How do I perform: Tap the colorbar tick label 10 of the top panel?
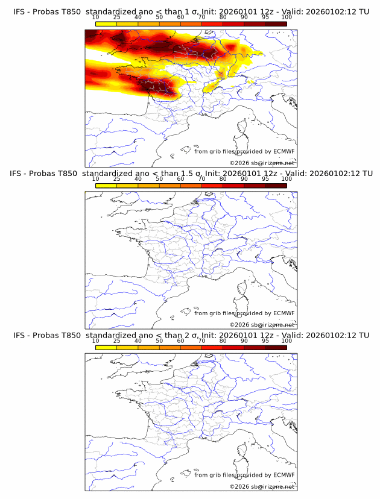[x=95, y=17]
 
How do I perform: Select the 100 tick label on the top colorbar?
[x=287, y=17]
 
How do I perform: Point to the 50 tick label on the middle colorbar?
[x=159, y=179]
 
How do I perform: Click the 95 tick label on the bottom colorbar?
[x=265, y=341]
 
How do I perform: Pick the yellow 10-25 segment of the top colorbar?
[x=106, y=24]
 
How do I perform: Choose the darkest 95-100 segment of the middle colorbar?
[x=276, y=185]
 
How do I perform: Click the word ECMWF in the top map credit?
[x=283, y=152]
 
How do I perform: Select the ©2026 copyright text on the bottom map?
[x=239, y=486]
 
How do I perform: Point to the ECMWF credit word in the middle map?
[x=283, y=313]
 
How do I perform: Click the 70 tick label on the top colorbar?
[x=202, y=17]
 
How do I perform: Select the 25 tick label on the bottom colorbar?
[x=116, y=341]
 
